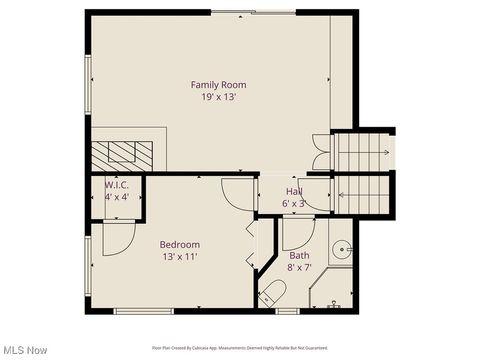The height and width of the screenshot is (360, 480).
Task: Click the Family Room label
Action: (218, 85)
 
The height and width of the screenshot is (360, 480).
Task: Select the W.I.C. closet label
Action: (117, 184)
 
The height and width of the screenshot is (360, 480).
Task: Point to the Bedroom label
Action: (180, 244)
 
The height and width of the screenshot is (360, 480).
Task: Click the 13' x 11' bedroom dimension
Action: (180, 257)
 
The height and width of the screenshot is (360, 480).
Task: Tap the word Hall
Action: (294, 191)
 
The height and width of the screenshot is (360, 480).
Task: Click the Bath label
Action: (300, 255)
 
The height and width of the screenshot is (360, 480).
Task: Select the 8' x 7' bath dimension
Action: (300, 267)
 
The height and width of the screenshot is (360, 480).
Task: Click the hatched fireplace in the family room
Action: (122, 153)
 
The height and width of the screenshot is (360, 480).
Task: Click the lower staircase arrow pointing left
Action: (362, 194)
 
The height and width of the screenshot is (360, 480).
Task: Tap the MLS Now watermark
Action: (25, 350)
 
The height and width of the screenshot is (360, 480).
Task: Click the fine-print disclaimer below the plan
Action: (240, 347)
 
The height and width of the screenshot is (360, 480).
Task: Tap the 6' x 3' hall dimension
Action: (294, 203)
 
